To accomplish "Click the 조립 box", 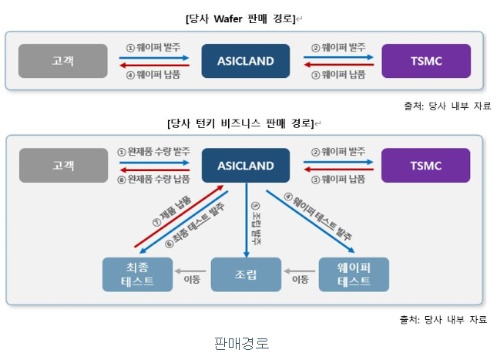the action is pos(246,274).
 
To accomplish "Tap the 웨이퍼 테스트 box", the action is pos(354,274).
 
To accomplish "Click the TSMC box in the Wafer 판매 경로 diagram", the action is pos(425,61).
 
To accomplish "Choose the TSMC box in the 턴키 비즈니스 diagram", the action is pos(425,165).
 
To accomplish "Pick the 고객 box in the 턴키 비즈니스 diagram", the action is pos(63,165).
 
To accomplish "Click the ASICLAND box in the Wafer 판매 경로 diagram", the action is pos(246,61).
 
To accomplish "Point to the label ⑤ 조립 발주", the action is pos(257,224).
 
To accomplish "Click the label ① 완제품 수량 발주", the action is pos(153,153).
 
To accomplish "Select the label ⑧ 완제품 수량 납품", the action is pos(153,179).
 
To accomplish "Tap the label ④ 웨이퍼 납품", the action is pos(153,75).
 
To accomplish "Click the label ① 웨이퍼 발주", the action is pos(153,48).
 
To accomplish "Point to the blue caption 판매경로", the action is pos(241,341).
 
